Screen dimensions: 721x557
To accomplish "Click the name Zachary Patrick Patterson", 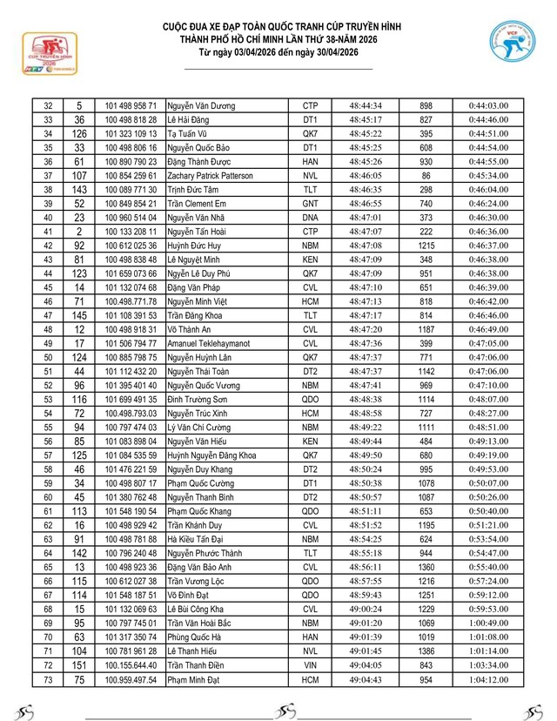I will coord(211,175).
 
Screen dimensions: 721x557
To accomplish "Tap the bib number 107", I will coord(79,175).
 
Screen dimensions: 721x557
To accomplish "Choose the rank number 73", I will coord(48,679).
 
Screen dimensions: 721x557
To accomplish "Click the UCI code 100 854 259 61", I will coord(131,175).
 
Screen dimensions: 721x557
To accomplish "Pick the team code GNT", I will coord(310,203).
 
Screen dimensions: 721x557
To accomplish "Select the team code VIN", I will coord(310,665).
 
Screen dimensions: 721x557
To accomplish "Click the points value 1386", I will coord(426,651).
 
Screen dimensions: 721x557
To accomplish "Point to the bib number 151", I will coord(79,665).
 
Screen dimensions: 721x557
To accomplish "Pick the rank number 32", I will coord(48,105).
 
